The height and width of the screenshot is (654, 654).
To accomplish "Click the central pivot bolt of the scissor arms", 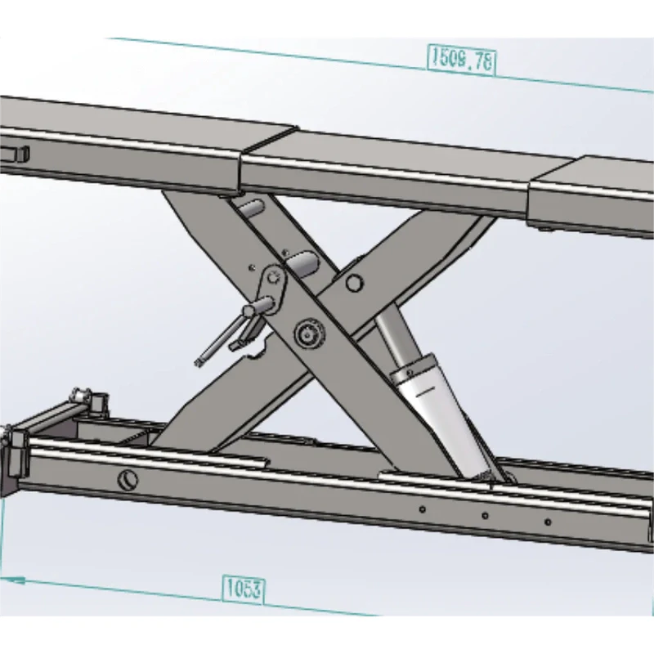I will tap(307, 334).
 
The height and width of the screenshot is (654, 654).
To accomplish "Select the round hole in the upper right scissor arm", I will tap(353, 284).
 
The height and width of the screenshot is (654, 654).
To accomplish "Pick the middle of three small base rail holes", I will tap(484, 516).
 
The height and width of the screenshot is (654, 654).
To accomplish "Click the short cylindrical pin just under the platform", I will tap(250, 209).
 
